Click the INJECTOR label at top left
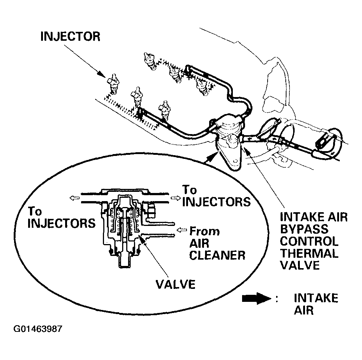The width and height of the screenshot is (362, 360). coord(70,37)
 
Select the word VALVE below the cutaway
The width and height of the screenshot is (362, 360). coord(175,284)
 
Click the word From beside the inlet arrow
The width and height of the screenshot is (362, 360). coord(204,232)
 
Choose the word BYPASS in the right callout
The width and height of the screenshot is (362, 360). coord(304,229)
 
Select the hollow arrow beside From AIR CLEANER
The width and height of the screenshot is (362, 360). coord(182,230)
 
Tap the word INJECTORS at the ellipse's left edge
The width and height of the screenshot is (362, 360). coord(61,224)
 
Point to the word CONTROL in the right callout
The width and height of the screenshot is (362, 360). coord(309,241)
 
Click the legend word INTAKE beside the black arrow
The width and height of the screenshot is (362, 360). coord(316,298)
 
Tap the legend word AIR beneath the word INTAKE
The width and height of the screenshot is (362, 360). coord(304,310)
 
